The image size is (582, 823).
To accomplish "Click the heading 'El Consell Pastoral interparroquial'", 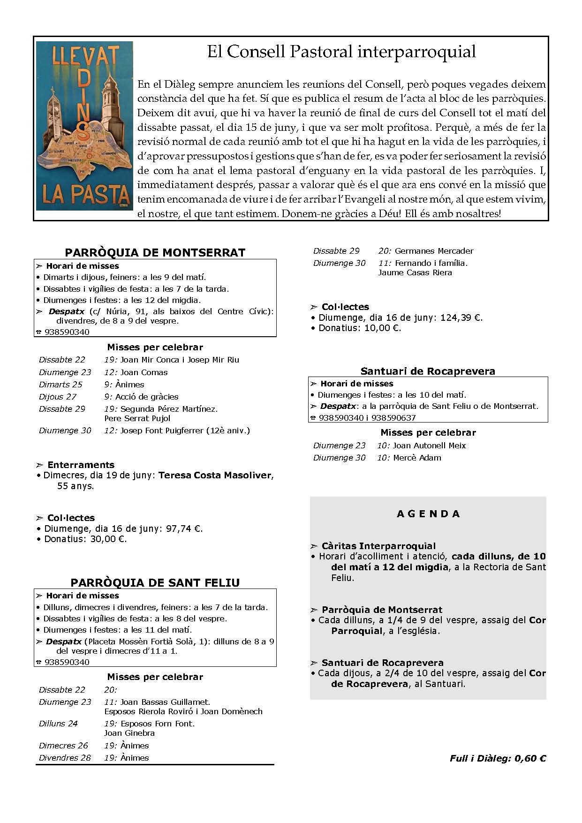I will pyautogui.click(x=341, y=52).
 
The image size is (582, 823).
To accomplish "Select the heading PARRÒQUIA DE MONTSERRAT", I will pyautogui.click(x=155, y=252).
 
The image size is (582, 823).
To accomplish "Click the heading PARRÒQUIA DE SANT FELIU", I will pyautogui.click(x=155, y=582).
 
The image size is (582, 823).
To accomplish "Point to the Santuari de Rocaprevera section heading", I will pyautogui.click(x=428, y=371).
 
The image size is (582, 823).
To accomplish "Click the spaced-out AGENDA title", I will pyautogui.click(x=428, y=514).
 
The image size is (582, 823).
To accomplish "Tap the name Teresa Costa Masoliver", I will pyautogui.click(x=215, y=475).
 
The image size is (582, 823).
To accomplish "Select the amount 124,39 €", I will pyautogui.click(x=461, y=317).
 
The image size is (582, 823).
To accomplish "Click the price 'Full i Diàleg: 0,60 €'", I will pyautogui.click(x=498, y=758).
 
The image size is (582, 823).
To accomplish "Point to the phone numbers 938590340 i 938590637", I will pyautogui.click(x=367, y=417).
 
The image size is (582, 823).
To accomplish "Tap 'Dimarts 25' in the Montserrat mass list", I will pyautogui.click(x=60, y=385).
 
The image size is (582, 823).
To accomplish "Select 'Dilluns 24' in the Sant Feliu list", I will pyautogui.click(x=58, y=724).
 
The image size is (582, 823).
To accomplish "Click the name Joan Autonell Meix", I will pyautogui.click(x=429, y=445).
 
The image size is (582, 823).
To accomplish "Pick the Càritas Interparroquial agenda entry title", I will pyautogui.click(x=378, y=546).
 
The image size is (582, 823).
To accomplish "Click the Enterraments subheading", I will pyautogui.click(x=81, y=465).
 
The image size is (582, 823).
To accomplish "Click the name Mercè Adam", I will pyautogui.click(x=417, y=458).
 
